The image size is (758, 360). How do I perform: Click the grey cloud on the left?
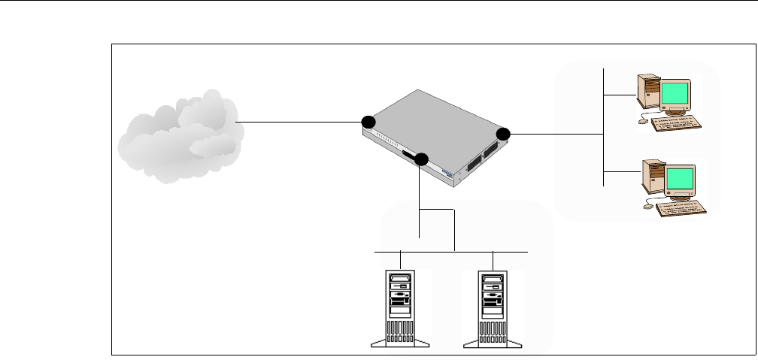click(x=180, y=135)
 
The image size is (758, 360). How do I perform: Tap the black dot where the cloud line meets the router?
click(x=368, y=122)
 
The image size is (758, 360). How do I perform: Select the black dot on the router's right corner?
click(x=503, y=134)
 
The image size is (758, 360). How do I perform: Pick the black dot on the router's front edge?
click(x=421, y=159)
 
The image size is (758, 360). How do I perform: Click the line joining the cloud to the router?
click(x=301, y=122)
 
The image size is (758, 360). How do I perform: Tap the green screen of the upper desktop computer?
click(x=676, y=94)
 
